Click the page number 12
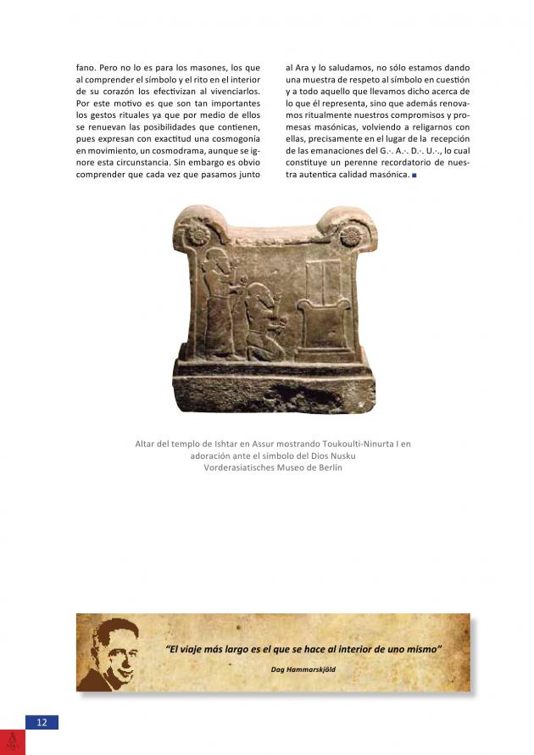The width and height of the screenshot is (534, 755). pyautogui.click(x=42, y=722)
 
